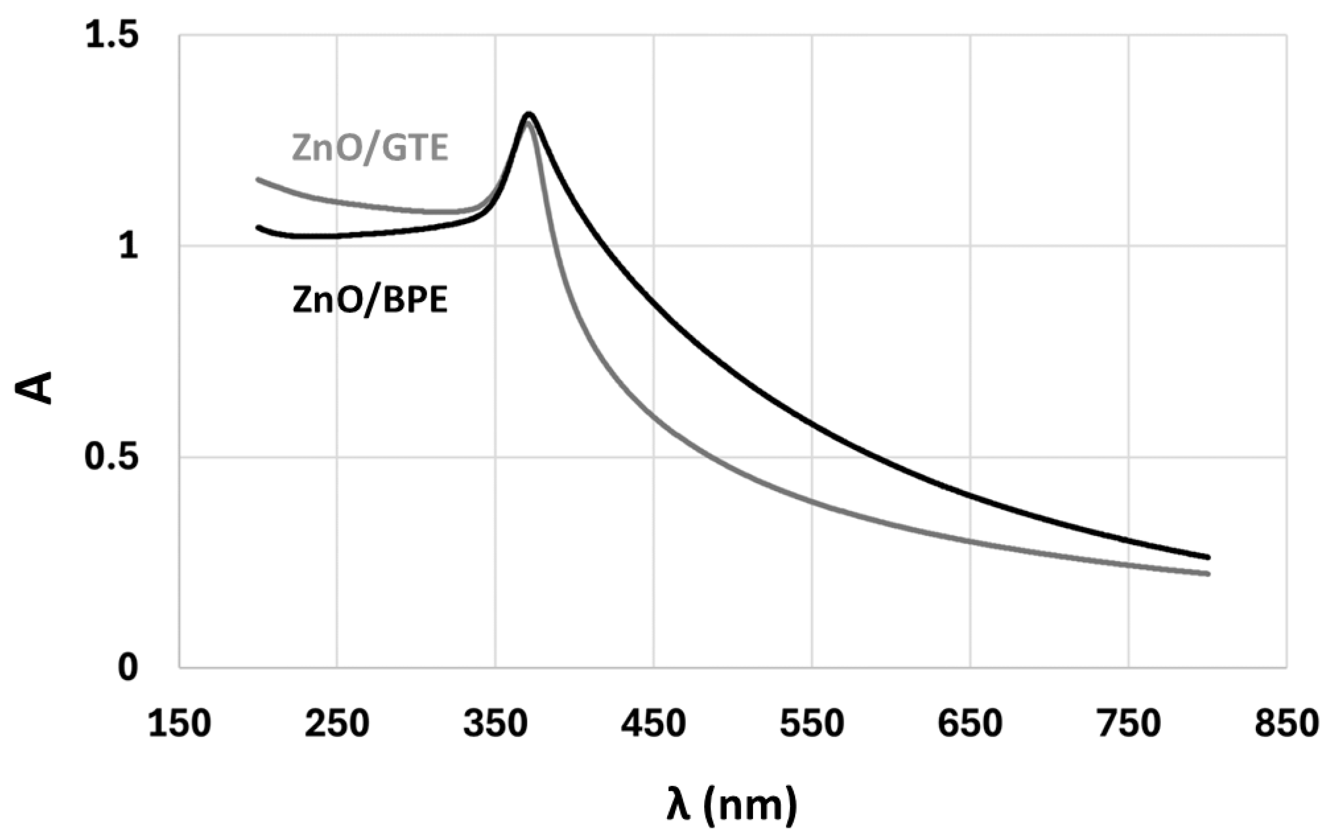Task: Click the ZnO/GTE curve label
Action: (x=370, y=149)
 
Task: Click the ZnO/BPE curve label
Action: (x=370, y=301)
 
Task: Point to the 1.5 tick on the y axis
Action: (x=112, y=36)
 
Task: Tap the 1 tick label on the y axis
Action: (x=129, y=246)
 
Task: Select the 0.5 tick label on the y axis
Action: (x=112, y=457)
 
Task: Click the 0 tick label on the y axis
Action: (x=129, y=668)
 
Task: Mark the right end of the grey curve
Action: (x=1208, y=574)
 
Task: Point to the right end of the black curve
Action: (x=1208, y=557)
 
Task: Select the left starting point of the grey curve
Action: (x=258, y=179)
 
